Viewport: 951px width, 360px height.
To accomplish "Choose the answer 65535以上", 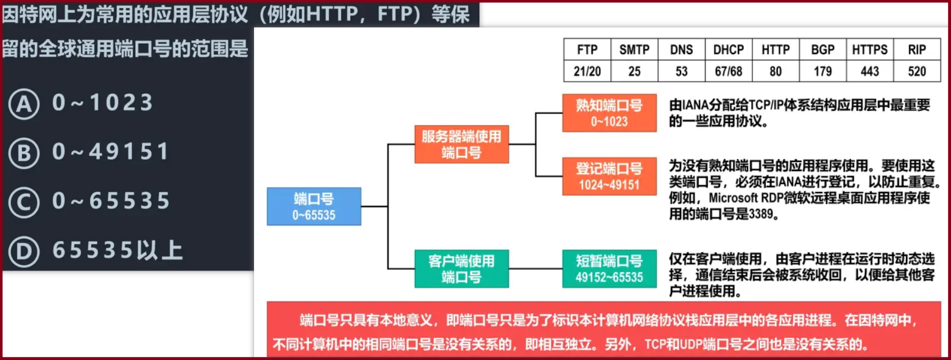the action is pos(117,250).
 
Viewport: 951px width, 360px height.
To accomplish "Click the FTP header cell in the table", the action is pos(587,50).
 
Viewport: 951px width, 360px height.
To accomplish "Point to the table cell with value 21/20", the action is pos(587,71).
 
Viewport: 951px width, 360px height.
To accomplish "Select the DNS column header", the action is pos(682,50).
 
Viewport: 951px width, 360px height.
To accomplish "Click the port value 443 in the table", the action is pos(869,71).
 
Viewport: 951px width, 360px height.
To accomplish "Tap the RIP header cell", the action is pos(916,50).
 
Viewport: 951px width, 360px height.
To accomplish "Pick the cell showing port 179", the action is pos(822,71).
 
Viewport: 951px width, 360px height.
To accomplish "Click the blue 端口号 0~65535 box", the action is pos(314,206).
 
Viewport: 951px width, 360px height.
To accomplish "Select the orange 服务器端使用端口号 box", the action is pos(461,144).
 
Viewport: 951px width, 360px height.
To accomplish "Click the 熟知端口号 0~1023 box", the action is pos(609,113).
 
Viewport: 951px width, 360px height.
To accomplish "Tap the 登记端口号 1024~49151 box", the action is pos(609,176).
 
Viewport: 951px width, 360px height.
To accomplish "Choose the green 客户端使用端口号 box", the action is pos(461,269).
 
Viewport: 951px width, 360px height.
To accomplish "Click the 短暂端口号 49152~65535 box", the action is pos(609,269).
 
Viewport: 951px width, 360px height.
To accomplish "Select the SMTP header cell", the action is pos(634,50).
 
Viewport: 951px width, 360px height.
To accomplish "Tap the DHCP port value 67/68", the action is pos(729,71).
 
